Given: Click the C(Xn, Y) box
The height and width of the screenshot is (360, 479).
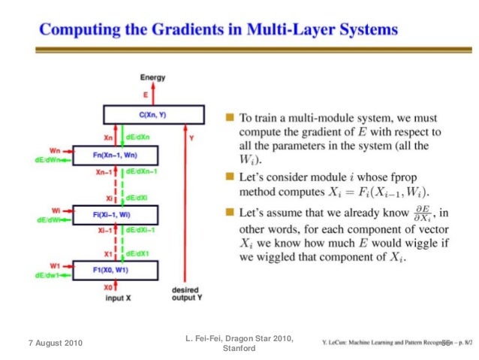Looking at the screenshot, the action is pos(153,114).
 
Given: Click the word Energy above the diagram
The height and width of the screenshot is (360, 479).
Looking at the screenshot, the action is pos(153,77).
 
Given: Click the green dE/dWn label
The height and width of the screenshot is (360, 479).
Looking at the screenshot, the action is pos(48,159).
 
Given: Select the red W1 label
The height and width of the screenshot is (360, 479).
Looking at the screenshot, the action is pos(55,265).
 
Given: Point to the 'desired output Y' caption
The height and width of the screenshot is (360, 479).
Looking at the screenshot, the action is pos(185,293).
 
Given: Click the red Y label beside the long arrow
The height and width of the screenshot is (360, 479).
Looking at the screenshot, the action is pos(192,138).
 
